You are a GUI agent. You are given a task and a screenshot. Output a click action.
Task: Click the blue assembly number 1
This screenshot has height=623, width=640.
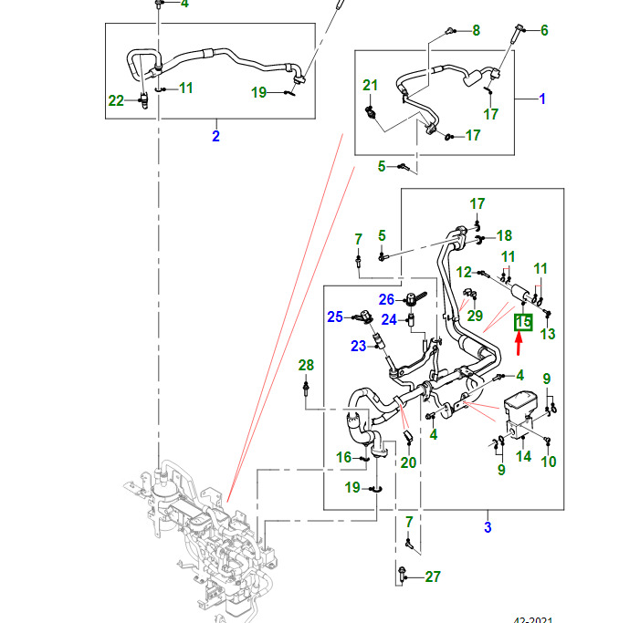point(541,99)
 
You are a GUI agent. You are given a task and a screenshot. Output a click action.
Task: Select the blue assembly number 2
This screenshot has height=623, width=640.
point(215,137)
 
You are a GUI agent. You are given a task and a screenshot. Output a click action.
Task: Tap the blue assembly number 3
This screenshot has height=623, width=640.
point(488,527)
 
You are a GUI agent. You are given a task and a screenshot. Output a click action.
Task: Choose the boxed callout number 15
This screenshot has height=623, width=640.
point(523,322)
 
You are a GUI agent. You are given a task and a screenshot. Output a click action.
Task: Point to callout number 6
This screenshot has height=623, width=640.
point(544,30)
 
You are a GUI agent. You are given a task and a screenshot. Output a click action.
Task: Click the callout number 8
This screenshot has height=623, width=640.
point(475,31)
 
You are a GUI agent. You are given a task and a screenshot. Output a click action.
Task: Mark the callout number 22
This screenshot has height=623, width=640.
point(116,100)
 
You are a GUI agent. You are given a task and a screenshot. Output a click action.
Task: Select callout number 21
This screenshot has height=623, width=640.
point(370,86)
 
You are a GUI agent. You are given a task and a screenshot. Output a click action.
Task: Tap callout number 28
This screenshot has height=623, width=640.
point(307,365)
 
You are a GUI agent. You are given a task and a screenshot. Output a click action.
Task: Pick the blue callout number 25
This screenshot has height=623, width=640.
point(335,317)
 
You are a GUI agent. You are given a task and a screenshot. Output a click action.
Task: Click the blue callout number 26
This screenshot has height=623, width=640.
point(387,299)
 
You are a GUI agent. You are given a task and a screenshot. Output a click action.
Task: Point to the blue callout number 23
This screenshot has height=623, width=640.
point(357,345)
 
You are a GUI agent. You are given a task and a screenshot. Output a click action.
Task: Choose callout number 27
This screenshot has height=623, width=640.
point(432,576)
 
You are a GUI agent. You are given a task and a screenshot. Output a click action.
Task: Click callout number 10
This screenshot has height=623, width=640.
point(548,462)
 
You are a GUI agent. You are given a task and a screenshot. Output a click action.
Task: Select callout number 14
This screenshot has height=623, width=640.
point(523,456)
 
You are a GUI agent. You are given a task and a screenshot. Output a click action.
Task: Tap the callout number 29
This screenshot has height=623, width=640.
point(475,315)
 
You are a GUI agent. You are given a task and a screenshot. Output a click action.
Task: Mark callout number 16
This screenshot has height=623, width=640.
point(343,457)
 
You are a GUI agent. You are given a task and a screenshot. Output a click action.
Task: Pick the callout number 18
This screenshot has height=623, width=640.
point(504,235)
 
